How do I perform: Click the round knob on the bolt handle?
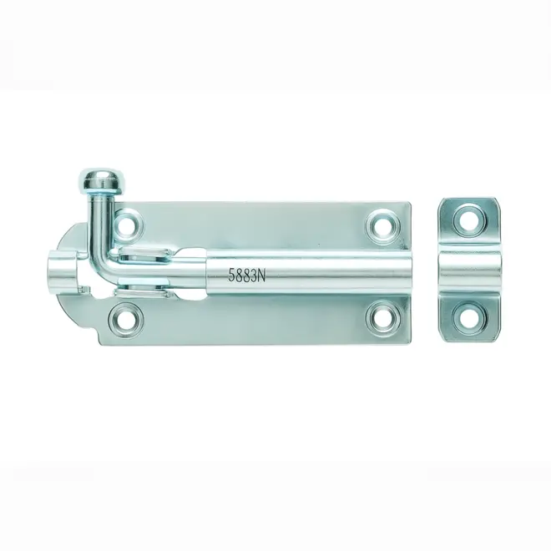tap(100, 181)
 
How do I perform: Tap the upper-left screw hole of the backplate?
tap(128, 224)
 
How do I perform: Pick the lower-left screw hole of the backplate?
tap(126, 320)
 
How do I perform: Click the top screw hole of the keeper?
tap(470, 221)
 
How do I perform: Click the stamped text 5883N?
tap(246, 275)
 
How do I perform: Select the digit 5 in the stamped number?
tap(231, 275)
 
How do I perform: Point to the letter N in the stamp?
tap(261, 274)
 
